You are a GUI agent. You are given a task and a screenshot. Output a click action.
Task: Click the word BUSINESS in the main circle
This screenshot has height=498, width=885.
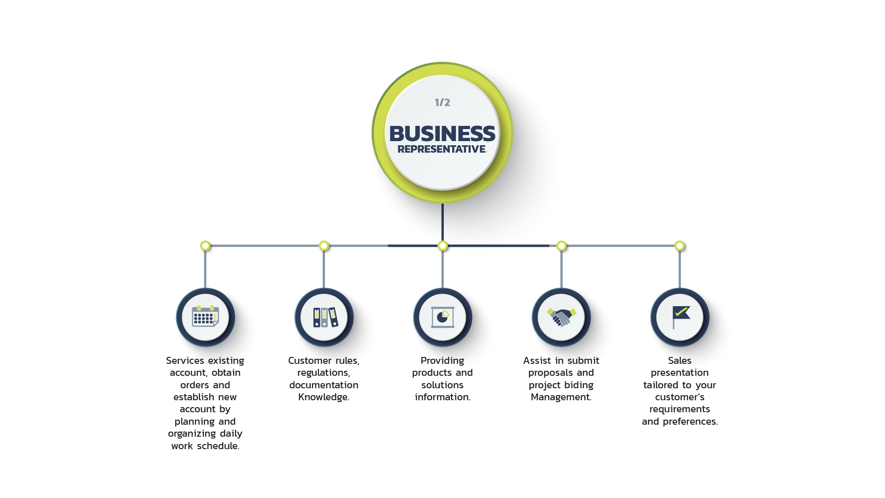[x=442, y=134]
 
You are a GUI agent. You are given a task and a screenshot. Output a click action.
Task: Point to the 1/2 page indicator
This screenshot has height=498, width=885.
[x=442, y=102]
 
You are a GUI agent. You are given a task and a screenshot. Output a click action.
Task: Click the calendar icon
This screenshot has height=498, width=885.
[x=206, y=317]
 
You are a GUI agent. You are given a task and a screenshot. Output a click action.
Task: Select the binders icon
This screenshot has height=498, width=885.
[x=324, y=317]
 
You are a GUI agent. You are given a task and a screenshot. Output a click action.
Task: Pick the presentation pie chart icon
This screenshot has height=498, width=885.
[x=442, y=317]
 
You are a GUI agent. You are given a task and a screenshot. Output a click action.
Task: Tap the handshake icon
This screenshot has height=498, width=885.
[x=561, y=317]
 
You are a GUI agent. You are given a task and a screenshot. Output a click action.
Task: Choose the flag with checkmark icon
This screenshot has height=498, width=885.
[x=680, y=317]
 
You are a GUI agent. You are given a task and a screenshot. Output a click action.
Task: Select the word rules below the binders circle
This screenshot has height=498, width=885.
[x=346, y=361]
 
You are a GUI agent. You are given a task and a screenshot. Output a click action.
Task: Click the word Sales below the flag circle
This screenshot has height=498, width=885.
[x=680, y=361]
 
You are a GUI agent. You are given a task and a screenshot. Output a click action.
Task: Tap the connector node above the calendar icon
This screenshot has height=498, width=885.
[x=206, y=246]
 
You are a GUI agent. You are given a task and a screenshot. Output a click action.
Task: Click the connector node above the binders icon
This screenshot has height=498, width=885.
[x=324, y=246]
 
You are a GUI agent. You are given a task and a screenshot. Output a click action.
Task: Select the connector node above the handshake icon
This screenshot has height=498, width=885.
[x=561, y=246]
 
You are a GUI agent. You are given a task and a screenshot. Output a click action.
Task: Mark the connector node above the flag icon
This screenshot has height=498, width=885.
[x=679, y=246]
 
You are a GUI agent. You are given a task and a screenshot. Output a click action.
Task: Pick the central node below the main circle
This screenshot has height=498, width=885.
[x=442, y=246]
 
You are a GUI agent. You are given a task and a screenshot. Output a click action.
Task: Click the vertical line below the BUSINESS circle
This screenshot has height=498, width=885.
[x=442, y=221]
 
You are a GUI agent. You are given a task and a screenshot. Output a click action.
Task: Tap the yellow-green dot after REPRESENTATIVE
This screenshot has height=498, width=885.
[x=486, y=152]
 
